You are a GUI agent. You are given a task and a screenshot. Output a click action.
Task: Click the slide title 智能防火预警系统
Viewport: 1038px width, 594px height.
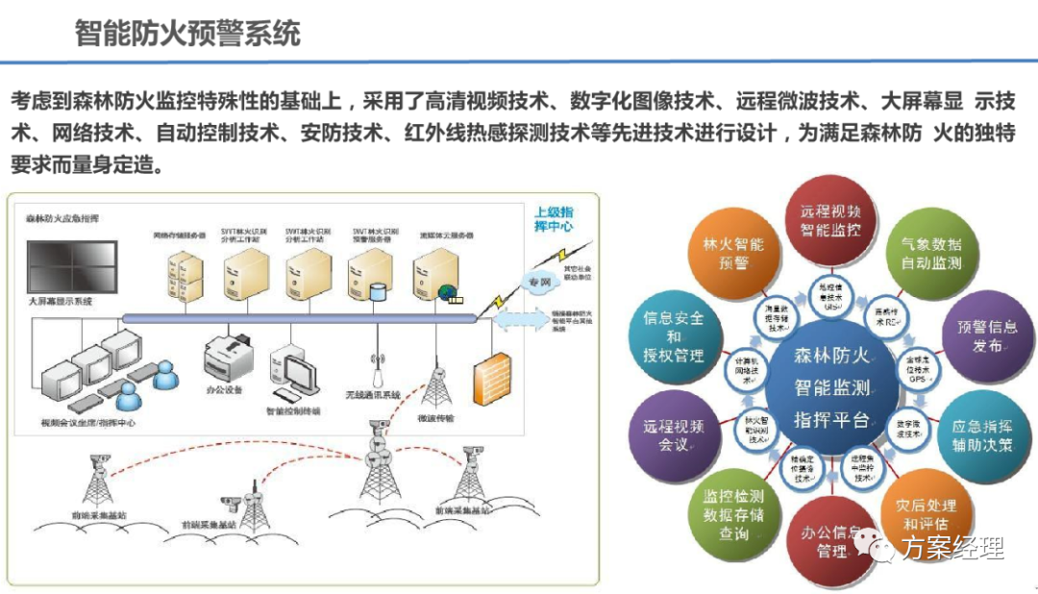click(x=187, y=34)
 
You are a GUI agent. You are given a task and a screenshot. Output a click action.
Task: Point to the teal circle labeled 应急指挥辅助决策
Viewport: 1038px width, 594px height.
click(x=981, y=435)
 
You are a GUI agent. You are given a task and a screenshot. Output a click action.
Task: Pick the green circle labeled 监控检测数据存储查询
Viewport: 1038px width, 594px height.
click(x=733, y=514)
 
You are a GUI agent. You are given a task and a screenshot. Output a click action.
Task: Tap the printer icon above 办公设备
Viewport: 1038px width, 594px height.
click(x=228, y=355)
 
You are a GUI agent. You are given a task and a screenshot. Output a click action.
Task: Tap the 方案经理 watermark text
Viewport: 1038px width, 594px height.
click(x=953, y=549)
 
